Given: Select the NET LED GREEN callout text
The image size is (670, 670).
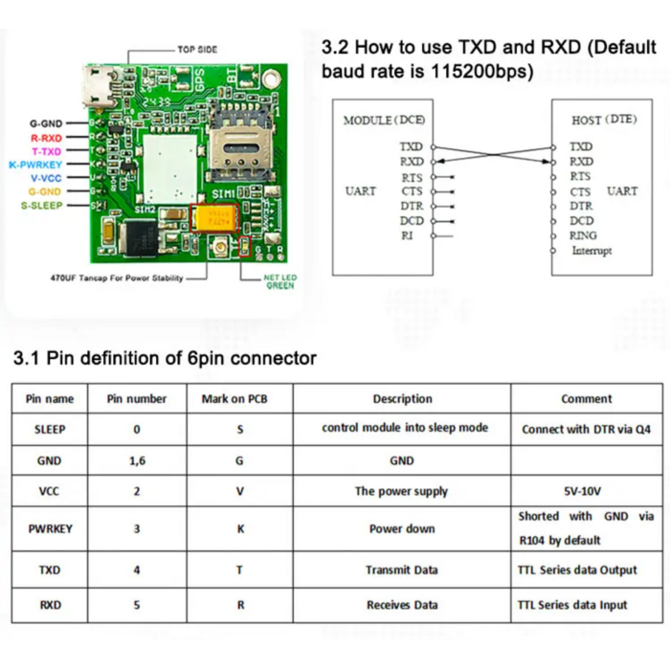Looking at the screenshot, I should [x=280, y=281].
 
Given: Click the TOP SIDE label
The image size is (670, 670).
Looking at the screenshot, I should [x=197, y=49].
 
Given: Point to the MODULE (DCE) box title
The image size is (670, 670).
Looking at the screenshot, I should [x=382, y=121].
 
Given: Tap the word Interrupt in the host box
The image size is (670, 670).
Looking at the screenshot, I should [x=592, y=251].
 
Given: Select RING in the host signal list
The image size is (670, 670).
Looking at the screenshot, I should [x=583, y=235].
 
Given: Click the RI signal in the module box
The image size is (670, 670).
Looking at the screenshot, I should [x=407, y=235].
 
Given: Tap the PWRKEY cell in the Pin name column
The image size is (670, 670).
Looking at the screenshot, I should [x=50, y=529].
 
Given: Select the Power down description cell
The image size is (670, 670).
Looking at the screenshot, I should [x=402, y=529].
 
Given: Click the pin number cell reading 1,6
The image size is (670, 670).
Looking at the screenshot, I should [x=137, y=460].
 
